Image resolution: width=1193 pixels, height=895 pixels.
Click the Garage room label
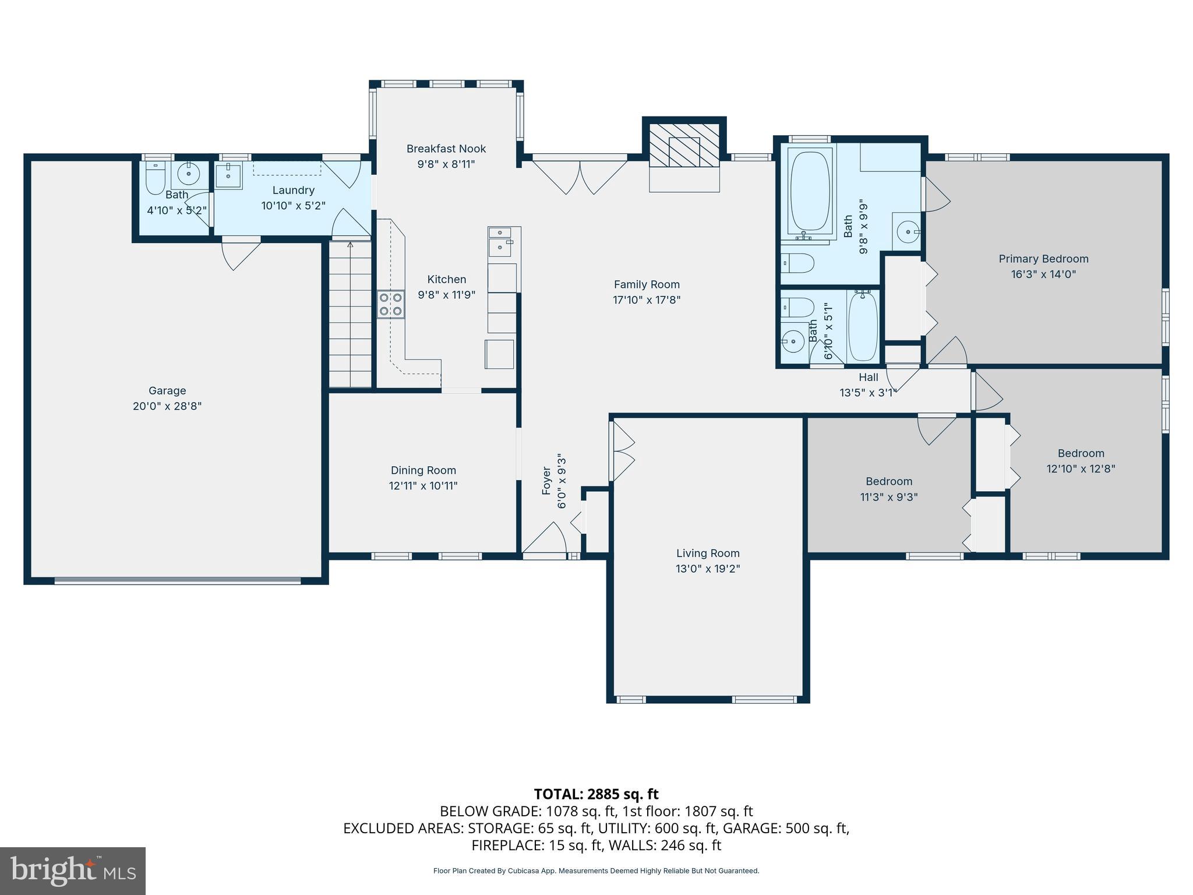pos(167,390)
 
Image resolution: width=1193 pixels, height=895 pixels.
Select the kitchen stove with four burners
pos(390,304)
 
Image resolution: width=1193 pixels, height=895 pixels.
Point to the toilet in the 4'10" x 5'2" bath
pos(155,178)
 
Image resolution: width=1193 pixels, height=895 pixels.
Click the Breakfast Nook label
pos(446,149)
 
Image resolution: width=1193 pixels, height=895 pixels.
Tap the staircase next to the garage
pos(350,315)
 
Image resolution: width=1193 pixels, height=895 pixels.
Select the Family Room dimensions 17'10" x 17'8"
pos(647,300)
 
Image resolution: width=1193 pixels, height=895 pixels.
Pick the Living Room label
pos(708,553)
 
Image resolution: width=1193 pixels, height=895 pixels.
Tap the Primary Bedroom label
pos(1043,259)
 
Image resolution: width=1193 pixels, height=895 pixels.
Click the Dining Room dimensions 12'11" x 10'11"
pos(423,485)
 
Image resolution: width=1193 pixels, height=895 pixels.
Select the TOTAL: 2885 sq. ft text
pos(596,794)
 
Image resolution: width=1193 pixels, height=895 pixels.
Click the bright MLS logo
pos(73,871)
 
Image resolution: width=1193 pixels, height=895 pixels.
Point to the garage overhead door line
pos(178,580)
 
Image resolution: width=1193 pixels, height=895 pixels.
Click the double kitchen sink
pos(500,241)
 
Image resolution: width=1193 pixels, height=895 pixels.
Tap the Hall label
pos(868,377)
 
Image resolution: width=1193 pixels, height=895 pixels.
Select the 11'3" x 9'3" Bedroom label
pos(888,481)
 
